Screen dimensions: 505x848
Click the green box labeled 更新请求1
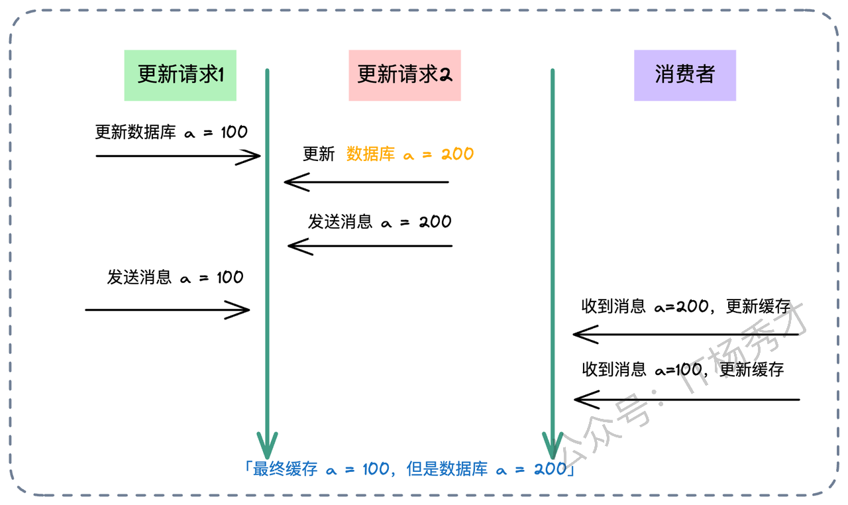click(x=180, y=75)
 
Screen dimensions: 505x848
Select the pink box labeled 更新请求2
click(x=404, y=75)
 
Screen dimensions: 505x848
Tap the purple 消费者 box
click(x=684, y=75)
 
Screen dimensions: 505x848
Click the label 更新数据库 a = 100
click(x=171, y=132)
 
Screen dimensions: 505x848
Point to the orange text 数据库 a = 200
click(x=410, y=154)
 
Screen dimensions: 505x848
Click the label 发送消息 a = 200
click(x=380, y=221)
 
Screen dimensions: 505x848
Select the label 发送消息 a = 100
click(x=175, y=277)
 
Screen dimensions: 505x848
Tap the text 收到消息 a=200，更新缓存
click(x=686, y=306)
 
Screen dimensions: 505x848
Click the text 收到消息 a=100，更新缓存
click(x=682, y=368)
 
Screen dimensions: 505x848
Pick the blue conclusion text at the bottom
click(x=409, y=469)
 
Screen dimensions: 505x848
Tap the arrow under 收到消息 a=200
click(x=686, y=335)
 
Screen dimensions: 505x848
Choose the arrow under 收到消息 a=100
click(x=686, y=400)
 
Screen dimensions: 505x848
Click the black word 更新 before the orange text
click(x=319, y=154)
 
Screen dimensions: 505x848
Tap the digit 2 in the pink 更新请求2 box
click(x=446, y=75)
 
